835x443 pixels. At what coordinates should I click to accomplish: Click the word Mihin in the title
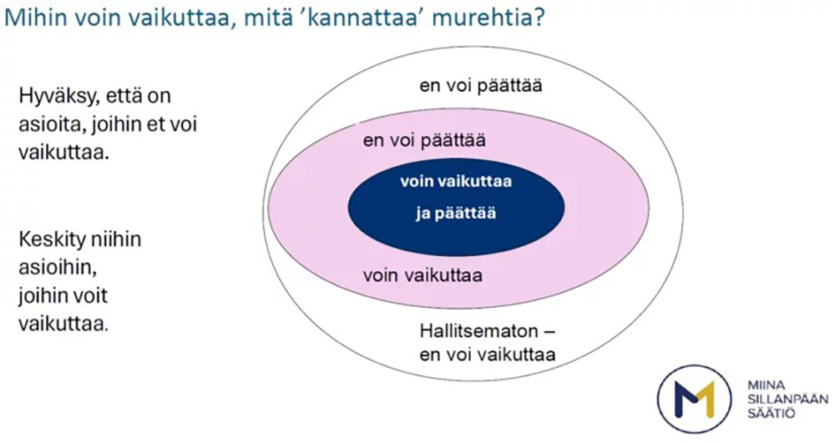(32, 18)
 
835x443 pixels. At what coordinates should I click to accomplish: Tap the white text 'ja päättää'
(456, 213)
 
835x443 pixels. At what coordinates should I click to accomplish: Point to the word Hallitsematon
(469, 328)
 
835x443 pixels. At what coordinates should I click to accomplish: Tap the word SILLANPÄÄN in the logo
(776, 395)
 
